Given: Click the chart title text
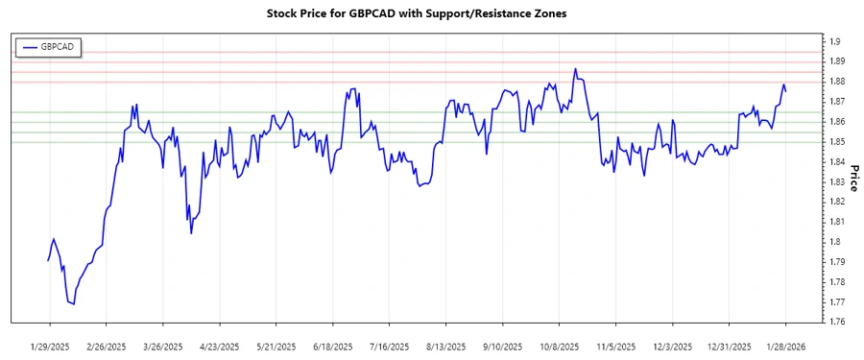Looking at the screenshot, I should click(x=422, y=15).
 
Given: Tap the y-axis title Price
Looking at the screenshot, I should click(x=853, y=178).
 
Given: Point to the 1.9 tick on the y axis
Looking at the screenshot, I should click(x=835, y=41).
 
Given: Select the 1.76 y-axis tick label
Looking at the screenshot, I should click(x=838, y=322).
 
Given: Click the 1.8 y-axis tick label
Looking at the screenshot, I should click(x=835, y=242).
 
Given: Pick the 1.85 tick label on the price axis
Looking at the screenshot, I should click(x=838, y=142).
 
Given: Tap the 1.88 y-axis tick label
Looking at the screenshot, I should click(x=838, y=82).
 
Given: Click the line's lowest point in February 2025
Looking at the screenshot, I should click(x=74, y=304).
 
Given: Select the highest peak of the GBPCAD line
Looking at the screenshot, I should click(x=575, y=68).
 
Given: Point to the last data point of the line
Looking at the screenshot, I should click(x=786, y=91).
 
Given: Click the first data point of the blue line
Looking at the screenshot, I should click(x=48, y=260).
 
